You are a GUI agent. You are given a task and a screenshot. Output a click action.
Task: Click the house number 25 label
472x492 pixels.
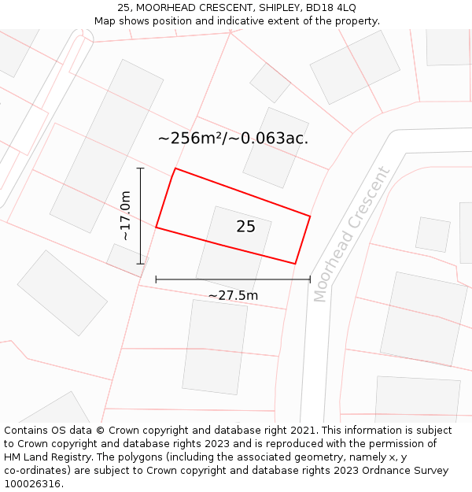[x=245, y=227]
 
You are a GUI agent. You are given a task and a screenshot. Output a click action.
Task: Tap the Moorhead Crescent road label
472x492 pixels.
[x=352, y=235]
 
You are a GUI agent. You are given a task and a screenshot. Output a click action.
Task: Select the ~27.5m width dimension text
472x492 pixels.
[x=233, y=295]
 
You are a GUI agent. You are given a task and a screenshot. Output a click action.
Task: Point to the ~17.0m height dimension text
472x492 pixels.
[x=125, y=216]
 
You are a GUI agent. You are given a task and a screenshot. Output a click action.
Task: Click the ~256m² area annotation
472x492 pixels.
[x=233, y=139]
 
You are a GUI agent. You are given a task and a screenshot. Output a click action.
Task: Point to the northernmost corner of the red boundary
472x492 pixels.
[x=175, y=168]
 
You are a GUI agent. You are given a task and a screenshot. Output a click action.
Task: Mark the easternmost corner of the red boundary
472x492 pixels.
[x=310, y=216]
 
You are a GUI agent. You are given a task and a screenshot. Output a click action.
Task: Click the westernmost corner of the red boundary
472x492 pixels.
[x=156, y=228]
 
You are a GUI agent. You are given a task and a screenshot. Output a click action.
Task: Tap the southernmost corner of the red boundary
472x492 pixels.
[x=295, y=264]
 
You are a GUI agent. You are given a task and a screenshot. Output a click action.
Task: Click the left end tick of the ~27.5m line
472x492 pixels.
[x=156, y=279]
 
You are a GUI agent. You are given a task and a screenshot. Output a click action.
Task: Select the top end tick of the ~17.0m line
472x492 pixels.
[x=141, y=168]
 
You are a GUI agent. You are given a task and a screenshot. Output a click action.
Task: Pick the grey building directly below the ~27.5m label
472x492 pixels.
[x=215, y=346]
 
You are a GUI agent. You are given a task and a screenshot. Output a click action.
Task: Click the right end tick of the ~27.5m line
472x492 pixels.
[x=310, y=279]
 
